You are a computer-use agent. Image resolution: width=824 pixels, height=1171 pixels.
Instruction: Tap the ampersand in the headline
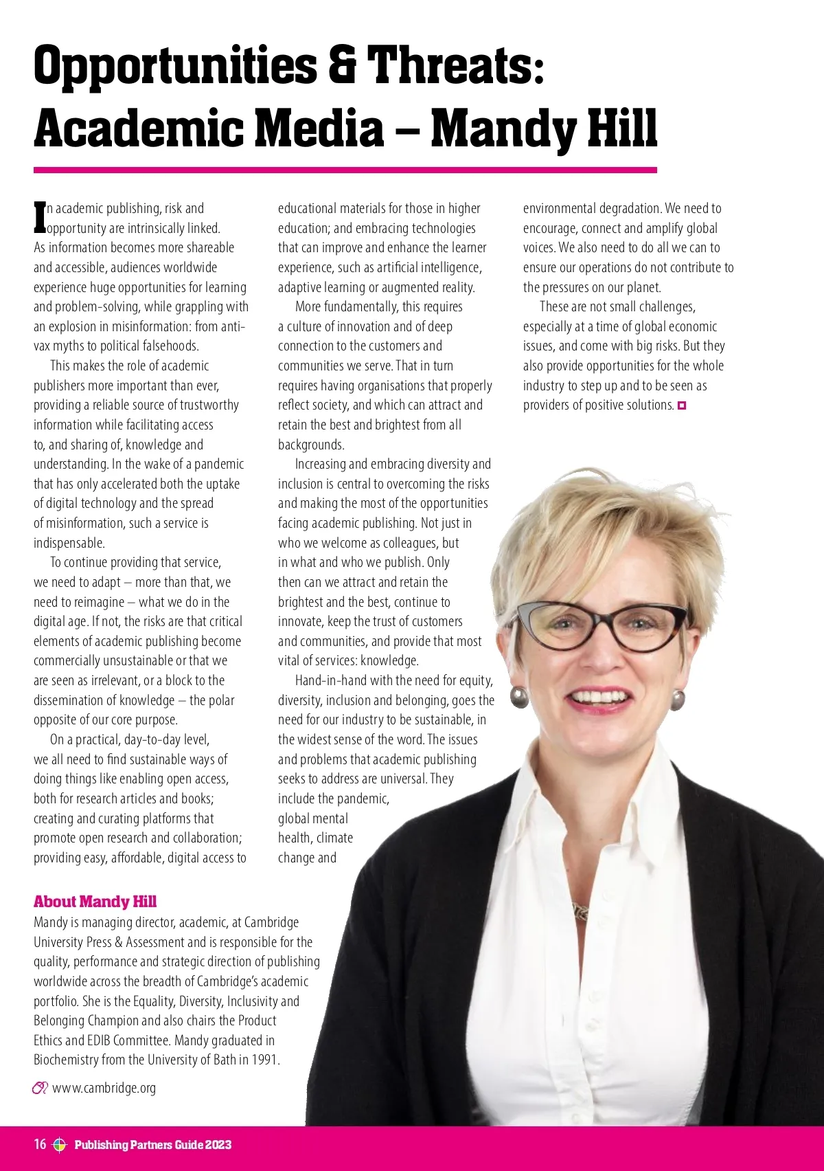(x=342, y=65)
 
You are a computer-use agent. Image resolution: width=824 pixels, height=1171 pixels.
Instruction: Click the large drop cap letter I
(x=40, y=217)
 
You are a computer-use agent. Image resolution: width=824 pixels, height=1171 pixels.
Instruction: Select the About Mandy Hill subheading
(x=95, y=902)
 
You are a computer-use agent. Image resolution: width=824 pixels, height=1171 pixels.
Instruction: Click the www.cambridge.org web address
(x=104, y=1088)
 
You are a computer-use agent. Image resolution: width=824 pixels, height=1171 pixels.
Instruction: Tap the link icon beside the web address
(x=40, y=1088)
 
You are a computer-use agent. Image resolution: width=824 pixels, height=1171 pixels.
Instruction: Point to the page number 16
(x=41, y=1144)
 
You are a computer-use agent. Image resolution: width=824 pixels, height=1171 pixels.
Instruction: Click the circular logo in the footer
(x=59, y=1144)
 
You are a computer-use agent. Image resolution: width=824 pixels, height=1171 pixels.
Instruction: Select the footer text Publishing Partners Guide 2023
(x=152, y=1144)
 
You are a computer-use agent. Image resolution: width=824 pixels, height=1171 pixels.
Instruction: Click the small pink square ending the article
(x=682, y=405)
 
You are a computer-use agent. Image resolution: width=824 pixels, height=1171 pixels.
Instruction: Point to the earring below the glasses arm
(x=677, y=700)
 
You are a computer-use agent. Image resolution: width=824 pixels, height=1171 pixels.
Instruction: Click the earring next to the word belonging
(x=520, y=697)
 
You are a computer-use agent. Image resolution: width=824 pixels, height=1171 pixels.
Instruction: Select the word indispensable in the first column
(x=69, y=543)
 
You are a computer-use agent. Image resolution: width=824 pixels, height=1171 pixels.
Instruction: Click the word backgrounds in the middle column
(x=311, y=445)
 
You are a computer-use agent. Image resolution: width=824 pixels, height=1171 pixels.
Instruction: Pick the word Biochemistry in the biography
(x=66, y=1060)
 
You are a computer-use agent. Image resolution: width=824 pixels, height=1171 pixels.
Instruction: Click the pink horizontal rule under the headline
(x=345, y=170)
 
